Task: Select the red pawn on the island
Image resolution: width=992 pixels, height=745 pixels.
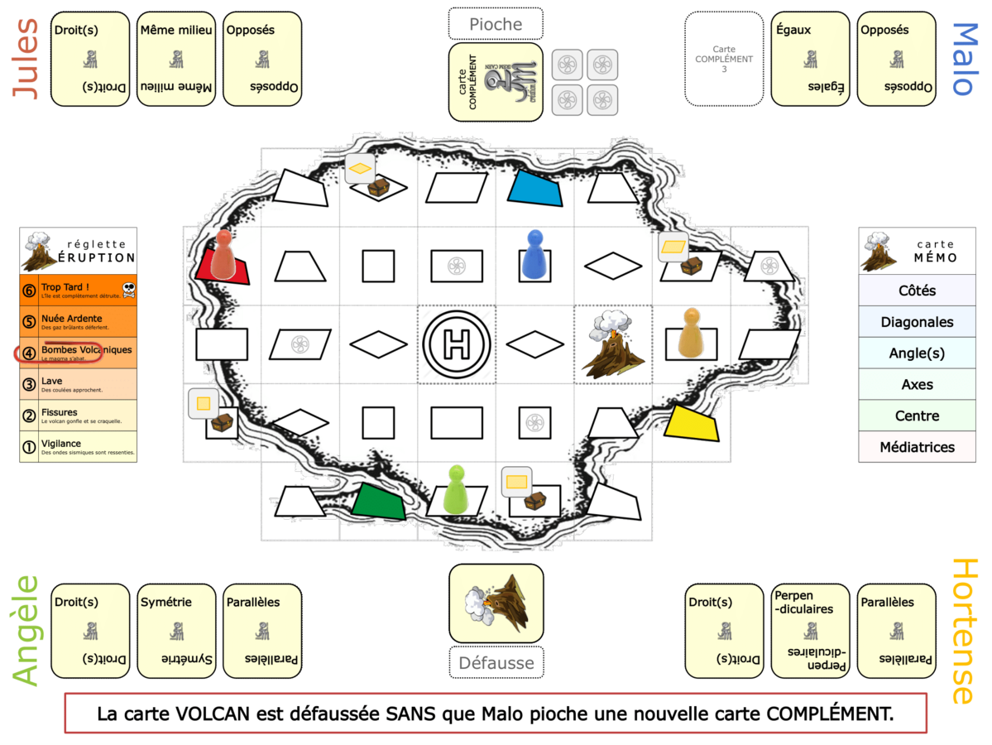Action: (223, 255)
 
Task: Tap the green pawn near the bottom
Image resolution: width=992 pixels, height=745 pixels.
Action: (456, 490)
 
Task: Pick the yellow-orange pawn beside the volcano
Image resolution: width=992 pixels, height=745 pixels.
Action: (690, 333)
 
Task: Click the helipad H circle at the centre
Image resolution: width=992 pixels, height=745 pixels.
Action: (456, 344)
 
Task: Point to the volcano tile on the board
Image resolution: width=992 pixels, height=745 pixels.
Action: (613, 344)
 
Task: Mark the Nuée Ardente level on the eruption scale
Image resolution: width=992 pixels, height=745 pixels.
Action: (78, 321)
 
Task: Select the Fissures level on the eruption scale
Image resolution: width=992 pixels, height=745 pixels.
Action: (78, 416)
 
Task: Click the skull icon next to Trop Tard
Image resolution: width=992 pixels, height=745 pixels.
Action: (128, 289)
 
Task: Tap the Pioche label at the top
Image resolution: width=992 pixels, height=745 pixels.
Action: (496, 24)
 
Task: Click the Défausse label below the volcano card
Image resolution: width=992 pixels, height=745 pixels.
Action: (496, 661)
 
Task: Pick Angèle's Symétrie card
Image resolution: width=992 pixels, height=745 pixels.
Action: (176, 631)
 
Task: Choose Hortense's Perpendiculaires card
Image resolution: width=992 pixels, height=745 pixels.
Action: (810, 631)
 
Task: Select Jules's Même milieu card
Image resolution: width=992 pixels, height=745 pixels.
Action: (176, 59)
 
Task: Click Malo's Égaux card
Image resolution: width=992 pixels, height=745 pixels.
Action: (810, 59)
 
